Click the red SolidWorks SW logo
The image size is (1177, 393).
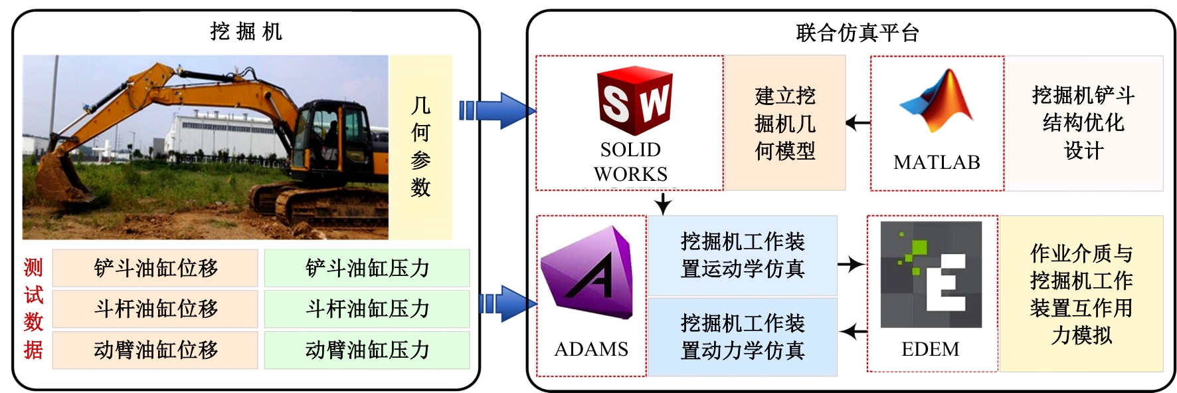point(634,102)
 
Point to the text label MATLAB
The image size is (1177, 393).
point(937,162)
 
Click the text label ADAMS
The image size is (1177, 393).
point(591,349)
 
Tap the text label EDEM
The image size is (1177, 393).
point(930,349)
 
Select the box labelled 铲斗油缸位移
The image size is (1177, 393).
point(155,268)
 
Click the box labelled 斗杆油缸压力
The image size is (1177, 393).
point(367,309)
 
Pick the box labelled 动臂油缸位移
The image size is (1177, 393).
point(155,350)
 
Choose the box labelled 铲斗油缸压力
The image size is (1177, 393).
point(367,268)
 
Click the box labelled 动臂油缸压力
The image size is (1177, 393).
point(367,350)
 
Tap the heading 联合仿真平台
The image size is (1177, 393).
point(857,33)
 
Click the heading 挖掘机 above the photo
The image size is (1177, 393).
point(246,31)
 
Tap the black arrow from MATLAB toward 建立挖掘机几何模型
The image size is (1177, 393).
point(858,123)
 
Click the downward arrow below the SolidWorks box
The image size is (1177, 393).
point(662,203)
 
